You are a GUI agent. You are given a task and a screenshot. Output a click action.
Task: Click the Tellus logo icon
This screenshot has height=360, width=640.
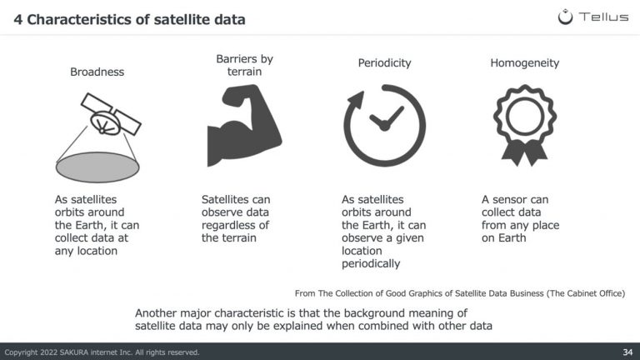pos(565,17)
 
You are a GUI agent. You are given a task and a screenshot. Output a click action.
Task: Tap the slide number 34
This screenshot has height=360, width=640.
pos(627,352)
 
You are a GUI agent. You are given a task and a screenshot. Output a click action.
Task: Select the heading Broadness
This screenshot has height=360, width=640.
pos(97,72)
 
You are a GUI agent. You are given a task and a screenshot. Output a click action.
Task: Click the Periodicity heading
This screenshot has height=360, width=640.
pos(384,63)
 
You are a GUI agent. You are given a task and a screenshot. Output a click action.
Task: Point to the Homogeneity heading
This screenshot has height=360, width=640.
pos(524,63)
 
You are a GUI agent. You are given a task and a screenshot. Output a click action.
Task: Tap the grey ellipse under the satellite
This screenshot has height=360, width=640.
pos(97,167)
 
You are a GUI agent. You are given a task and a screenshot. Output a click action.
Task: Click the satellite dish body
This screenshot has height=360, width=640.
pos(105,123)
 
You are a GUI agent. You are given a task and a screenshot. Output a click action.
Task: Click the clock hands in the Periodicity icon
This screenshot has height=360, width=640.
pos(385,119)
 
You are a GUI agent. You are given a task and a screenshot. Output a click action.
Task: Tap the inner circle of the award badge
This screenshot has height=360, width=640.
pos(525,117)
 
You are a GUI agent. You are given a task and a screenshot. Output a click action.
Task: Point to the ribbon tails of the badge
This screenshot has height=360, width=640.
pos(524,153)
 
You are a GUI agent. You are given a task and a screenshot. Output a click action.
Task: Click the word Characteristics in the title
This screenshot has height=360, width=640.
pos(82,20)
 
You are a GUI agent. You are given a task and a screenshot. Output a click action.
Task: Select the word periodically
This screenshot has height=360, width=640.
pos(371,263)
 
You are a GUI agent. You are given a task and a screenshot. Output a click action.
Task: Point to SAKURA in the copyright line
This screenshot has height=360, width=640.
pos(76,352)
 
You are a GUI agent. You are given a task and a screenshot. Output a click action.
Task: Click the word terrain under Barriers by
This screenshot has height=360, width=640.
pos(244,72)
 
